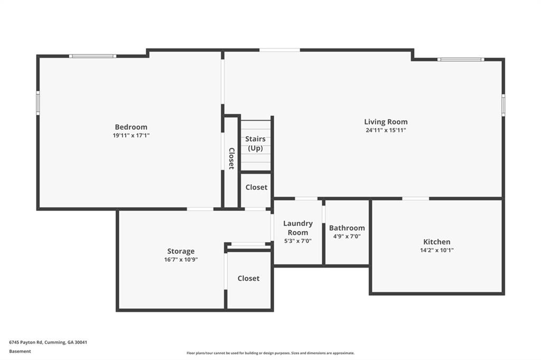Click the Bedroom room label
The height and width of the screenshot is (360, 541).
click(131, 127)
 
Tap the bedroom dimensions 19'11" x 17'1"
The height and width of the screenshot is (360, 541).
click(131, 136)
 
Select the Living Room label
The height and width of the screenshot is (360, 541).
click(386, 122)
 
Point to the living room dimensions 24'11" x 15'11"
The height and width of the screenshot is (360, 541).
click(386, 130)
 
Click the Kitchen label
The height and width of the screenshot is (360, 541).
click(437, 242)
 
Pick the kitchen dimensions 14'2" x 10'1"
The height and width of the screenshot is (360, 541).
click(437, 250)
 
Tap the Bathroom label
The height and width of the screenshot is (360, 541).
click(347, 228)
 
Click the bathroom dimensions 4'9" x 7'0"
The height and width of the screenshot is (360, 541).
click(347, 236)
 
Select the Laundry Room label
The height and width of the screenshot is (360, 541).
click(298, 228)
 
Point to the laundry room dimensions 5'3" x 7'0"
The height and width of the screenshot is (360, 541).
click(298, 241)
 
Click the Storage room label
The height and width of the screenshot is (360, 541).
click(181, 251)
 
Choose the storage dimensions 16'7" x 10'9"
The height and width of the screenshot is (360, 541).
click(181, 260)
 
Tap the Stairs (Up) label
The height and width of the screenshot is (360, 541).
click(255, 144)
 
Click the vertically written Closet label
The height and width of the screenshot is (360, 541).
click(231, 158)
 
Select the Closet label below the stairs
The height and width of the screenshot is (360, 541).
click(256, 187)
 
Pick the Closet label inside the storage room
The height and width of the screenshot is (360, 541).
click(248, 278)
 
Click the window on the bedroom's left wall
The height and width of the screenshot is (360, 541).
click(38, 103)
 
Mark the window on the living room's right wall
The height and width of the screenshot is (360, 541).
click(503, 105)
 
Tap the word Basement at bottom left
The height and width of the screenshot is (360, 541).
click(20, 352)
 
